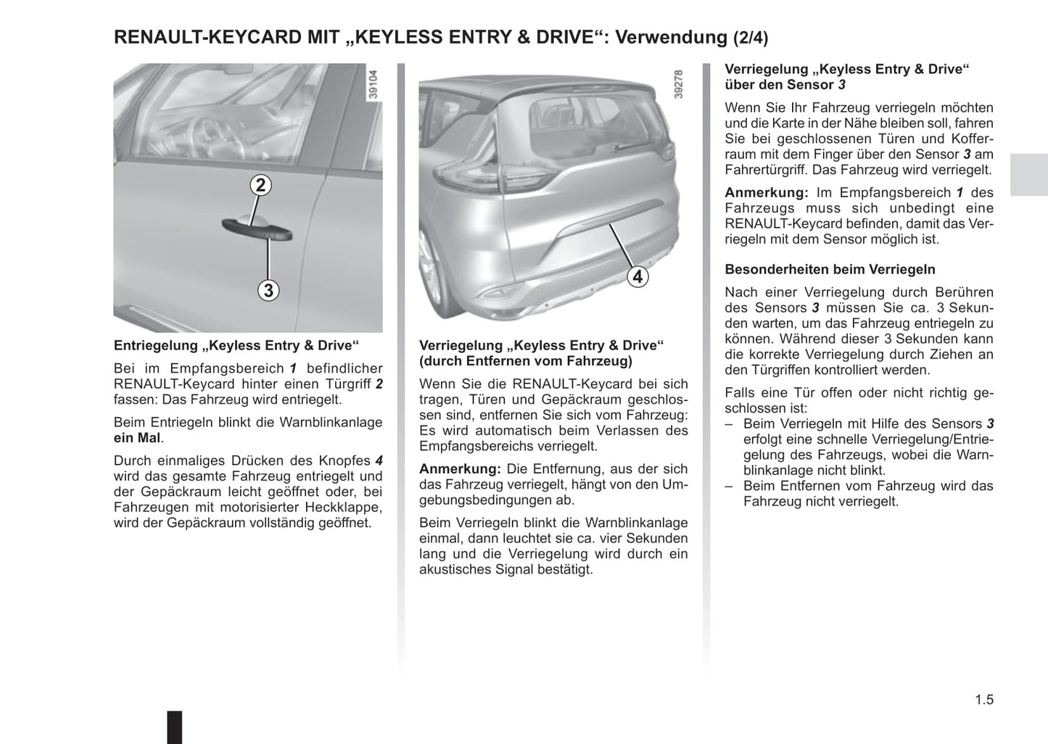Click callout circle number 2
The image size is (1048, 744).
click(261, 185)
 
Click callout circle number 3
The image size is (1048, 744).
click(268, 290)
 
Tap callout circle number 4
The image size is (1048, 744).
click(638, 276)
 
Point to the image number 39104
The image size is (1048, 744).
click(374, 84)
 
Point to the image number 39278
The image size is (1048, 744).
click(679, 84)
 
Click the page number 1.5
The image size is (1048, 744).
click(984, 700)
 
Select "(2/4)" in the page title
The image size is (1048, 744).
click(751, 38)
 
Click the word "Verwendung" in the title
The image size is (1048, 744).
click(671, 38)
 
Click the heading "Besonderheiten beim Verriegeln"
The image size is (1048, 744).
click(830, 269)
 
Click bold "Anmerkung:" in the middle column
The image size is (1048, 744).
click(460, 469)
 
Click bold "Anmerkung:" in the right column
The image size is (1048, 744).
click(766, 192)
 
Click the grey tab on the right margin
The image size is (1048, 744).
click(1028, 175)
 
